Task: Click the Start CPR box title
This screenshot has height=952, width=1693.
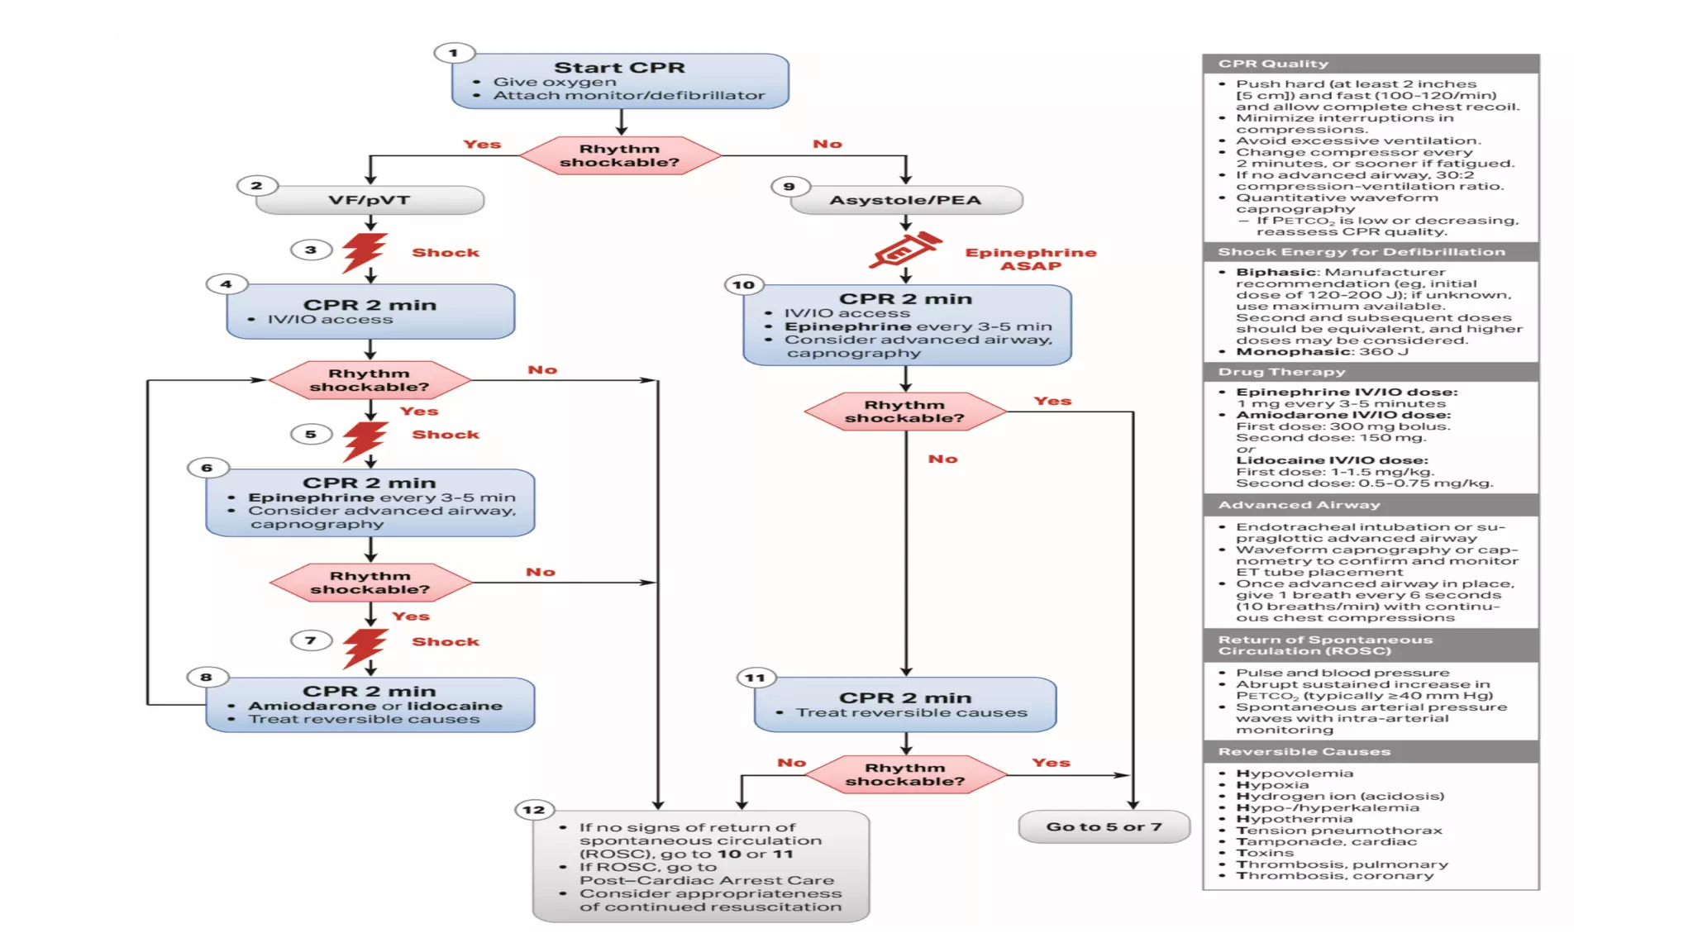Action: point(619,68)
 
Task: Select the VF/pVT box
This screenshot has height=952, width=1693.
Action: point(370,200)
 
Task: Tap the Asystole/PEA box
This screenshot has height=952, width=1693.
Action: point(906,200)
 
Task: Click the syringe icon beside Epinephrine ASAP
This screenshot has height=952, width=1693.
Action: point(904,250)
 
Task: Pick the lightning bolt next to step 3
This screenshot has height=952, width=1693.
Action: point(364,251)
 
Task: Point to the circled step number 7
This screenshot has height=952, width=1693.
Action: point(311,640)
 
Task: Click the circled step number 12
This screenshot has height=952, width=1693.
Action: point(534,810)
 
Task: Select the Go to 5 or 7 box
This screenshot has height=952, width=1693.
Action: point(1104,826)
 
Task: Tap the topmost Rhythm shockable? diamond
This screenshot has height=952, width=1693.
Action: point(619,155)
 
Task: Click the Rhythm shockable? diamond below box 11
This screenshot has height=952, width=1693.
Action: point(905,774)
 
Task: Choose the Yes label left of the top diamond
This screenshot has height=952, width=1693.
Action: point(482,145)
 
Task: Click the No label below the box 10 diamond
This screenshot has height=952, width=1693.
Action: point(942,459)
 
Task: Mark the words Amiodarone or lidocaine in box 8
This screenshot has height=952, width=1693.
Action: point(375,706)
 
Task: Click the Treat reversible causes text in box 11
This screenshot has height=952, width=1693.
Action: point(911,712)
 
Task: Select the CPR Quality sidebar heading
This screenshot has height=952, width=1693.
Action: point(1273,64)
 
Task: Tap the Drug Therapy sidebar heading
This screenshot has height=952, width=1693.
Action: point(1281,372)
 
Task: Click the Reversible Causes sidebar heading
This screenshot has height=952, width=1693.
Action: point(1304,751)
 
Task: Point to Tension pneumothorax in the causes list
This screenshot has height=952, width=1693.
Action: point(1338,831)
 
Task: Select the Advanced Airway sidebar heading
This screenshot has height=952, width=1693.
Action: point(1299,505)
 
